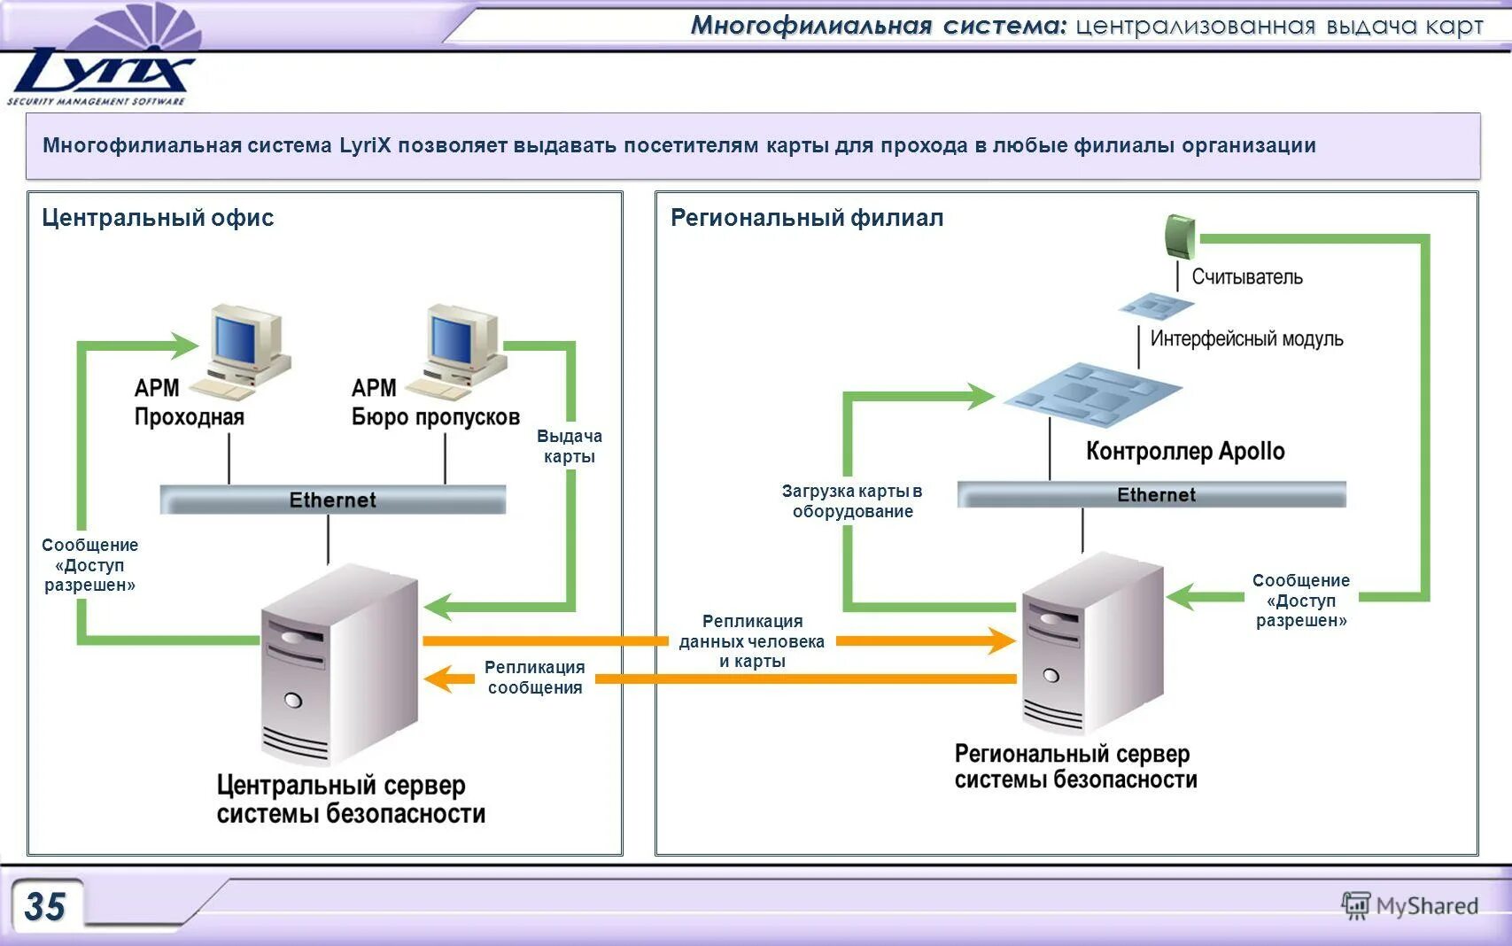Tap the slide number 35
(45, 906)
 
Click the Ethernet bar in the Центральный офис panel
(333, 500)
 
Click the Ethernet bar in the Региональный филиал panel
(1151, 494)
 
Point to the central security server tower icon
(339, 664)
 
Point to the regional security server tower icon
(1091, 642)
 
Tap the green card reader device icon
(1179, 236)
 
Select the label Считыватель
(1246, 277)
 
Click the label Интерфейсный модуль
(1245, 338)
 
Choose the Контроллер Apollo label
(1184, 451)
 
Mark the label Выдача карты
(569, 446)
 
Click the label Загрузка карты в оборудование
(852, 501)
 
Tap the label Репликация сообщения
(534, 678)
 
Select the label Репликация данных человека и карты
(752, 641)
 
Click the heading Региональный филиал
(806, 218)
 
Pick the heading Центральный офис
(158, 218)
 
